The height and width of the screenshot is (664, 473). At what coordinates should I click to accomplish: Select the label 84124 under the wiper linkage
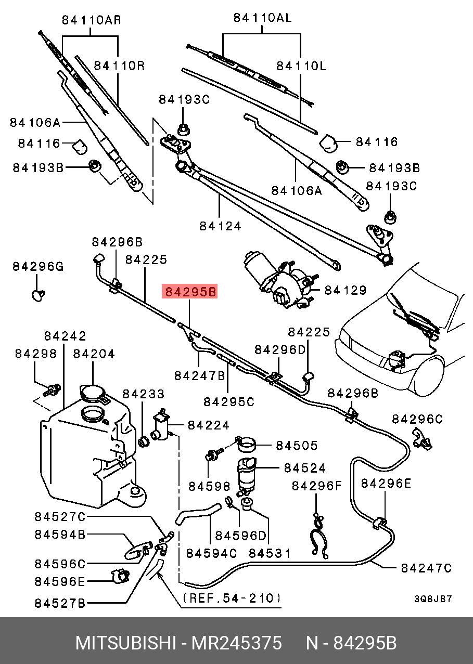(220, 226)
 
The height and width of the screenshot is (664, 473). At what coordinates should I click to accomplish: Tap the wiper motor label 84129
(346, 290)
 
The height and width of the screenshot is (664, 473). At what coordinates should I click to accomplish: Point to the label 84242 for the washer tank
(65, 336)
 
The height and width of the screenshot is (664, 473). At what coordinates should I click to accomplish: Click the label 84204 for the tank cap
(94, 354)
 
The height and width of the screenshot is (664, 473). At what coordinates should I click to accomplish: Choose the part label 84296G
(38, 267)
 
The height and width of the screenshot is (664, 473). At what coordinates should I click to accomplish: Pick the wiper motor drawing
(278, 281)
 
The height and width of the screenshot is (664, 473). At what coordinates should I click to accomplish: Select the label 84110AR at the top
(92, 20)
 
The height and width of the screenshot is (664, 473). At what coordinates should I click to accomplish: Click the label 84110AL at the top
(262, 18)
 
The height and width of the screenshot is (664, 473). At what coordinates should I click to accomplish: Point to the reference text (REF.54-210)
(232, 598)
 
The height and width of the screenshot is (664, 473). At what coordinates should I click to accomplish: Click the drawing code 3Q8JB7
(433, 599)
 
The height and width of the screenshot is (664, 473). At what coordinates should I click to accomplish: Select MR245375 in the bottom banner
(237, 643)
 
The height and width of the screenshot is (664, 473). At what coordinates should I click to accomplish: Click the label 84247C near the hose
(426, 568)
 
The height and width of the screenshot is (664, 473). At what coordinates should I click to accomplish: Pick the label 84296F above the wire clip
(317, 486)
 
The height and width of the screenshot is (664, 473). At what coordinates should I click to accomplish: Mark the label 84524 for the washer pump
(304, 468)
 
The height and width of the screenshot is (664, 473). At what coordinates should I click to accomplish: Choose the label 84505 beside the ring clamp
(296, 446)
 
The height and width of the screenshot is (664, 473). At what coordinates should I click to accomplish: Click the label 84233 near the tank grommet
(143, 394)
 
